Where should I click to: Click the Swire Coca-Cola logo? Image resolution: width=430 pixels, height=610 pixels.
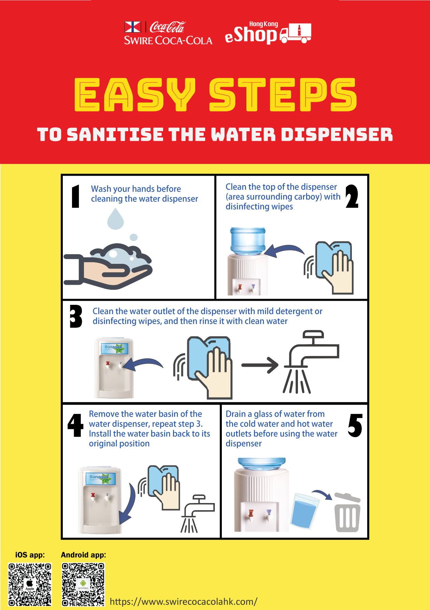pyautogui.click(x=168, y=33)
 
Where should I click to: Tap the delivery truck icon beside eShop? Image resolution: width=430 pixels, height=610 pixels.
pyautogui.click(x=296, y=33)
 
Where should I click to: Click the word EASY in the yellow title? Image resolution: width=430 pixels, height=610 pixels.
pyautogui.click(x=135, y=95)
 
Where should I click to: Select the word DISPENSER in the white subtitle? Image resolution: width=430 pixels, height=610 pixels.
pyautogui.click(x=337, y=134)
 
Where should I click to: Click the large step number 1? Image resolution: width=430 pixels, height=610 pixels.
pyautogui.click(x=76, y=196)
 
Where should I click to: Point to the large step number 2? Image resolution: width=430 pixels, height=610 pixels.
pyautogui.click(x=352, y=196)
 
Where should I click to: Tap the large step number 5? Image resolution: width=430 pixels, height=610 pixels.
pyautogui.click(x=355, y=425)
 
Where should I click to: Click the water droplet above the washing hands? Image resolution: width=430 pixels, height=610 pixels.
pyautogui.click(x=115, y=219)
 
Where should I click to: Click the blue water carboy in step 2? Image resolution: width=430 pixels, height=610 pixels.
pyautogui.click(x=248, y=241)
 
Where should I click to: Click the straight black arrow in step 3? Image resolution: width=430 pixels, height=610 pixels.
pyautogui.click(x=260, y=365)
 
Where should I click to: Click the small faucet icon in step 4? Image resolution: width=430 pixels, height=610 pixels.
pyautogui.click(x=197, y=513)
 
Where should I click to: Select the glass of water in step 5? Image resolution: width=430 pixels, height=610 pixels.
pyautogui.click(x=305, y=511)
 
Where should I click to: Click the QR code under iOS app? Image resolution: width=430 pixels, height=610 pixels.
pyautogui.click(x=30, y=584)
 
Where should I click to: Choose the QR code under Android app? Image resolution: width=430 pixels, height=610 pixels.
pyautogui.click(x=83, y=584)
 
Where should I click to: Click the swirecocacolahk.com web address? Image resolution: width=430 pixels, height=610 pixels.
pyautogui.click(x=184, y=602)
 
